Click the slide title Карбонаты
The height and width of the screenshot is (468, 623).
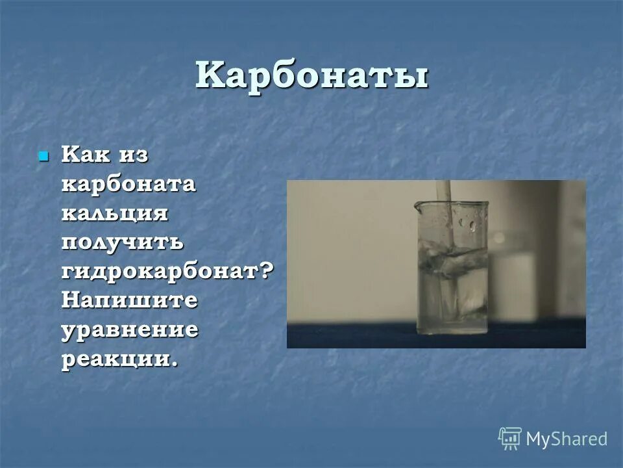(x=311, y=77)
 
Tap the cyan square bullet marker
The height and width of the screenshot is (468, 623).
(x=44, y=157)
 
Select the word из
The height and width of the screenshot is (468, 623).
(x=134, y=155)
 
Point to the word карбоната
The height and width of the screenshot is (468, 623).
(x=128, y=184)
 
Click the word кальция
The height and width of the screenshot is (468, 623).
(x=115, y=213)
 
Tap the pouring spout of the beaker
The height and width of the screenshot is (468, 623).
(x=419, y=206)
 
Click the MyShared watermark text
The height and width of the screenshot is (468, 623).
(x=566, y=439)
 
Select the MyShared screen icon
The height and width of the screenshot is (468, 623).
(x=510, y=439)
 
